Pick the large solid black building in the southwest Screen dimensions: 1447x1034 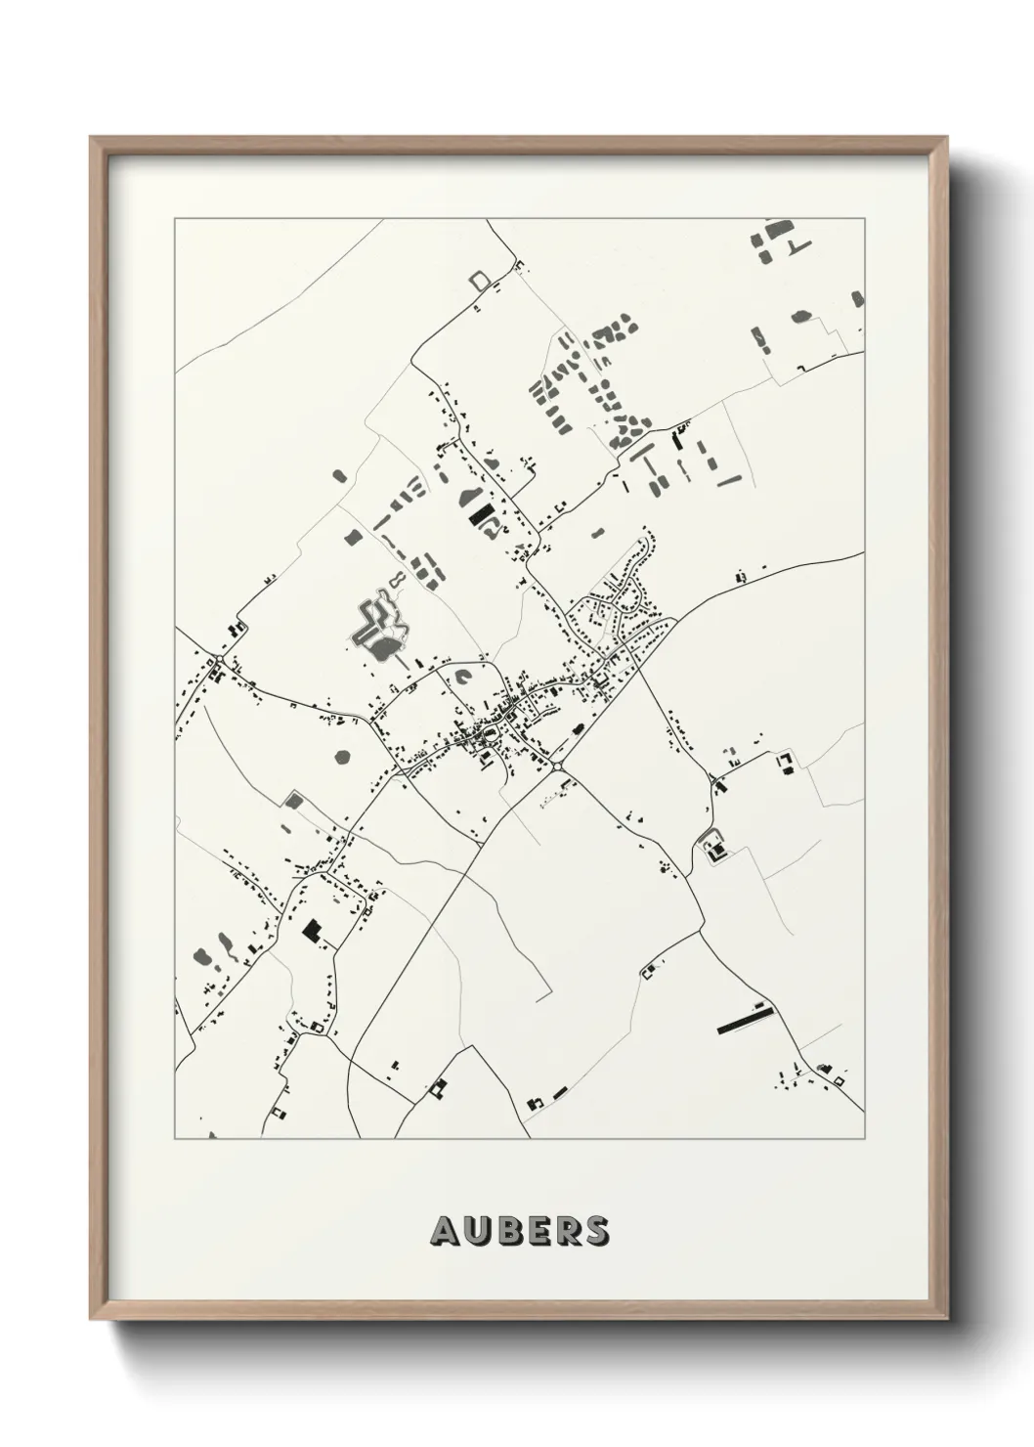pyautogui.click(x=312, y=930)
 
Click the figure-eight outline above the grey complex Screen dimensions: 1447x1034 pyautogui.click(x=398, y=584)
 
